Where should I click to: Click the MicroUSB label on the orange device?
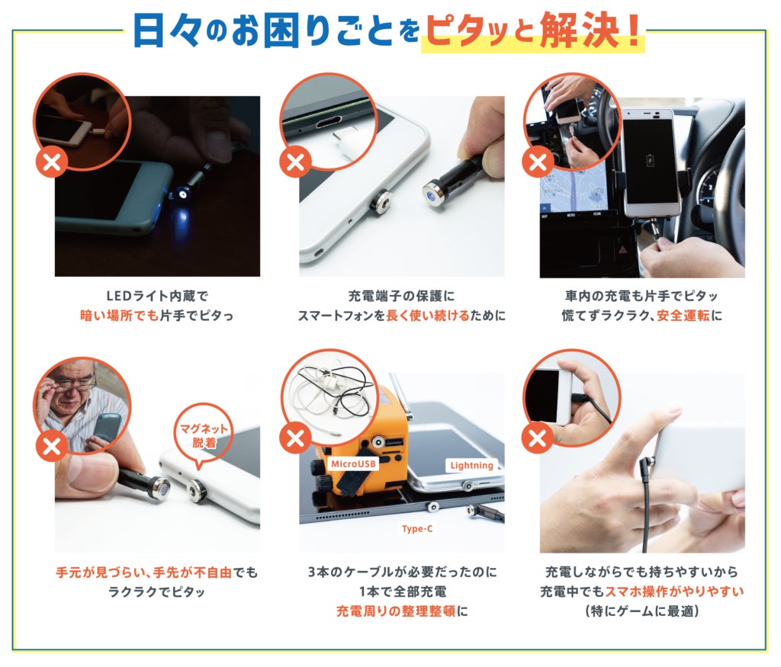[x=354, y=464]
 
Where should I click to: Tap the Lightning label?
[x=471, y=466]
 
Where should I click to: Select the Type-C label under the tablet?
[x=417, y=528]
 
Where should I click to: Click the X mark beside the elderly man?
[x=51, y=446]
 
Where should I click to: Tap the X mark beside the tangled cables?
[x=295, y=438]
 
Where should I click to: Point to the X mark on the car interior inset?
[x=538, y=162]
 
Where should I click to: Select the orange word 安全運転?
[x=683, y=316]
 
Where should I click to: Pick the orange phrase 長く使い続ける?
[x=428, y=316]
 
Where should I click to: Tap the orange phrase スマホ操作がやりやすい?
[x=674, y=592]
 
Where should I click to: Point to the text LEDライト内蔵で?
[x=157, y=297]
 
